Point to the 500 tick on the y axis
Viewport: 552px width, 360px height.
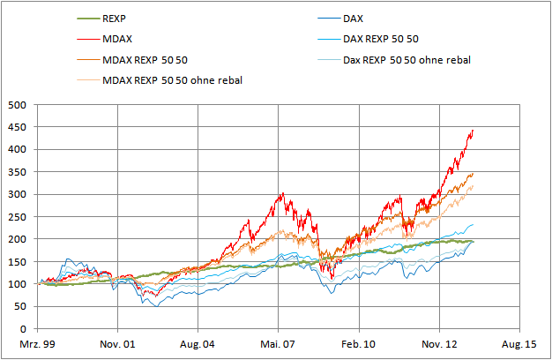[19, 104]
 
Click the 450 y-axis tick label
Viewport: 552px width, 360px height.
[19, 126]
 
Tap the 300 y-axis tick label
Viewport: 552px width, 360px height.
[19, 194]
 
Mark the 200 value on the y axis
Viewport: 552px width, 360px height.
[19, 239]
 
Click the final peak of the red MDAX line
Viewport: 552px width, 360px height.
[474, 131]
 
